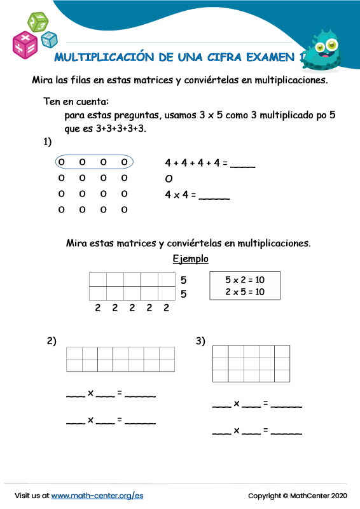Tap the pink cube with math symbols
tap(25, 43)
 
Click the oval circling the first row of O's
tap(94, 162)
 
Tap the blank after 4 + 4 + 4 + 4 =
tap(242, 164)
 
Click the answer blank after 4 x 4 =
tap(214, 196)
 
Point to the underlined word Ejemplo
tap(190, 259)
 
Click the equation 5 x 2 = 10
tap(245, 280)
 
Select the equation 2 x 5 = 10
tap(245, 292)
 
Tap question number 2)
tap(52, 342)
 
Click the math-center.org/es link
tap(97, 495)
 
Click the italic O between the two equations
tap(169, 179)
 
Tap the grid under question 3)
tap(251, 363)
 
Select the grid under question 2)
tap(120, 359)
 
